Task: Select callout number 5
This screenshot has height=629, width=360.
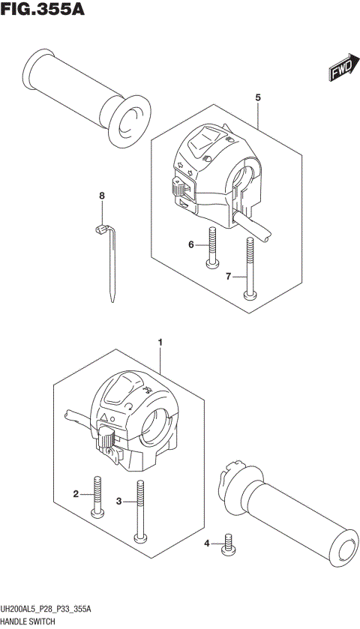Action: pos(258,97)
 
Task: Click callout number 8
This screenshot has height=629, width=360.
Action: pos(103,196)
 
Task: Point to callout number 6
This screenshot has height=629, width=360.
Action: pos(191,244)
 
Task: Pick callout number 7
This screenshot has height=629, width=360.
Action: pos(229,277)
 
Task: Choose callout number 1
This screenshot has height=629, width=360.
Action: pos(160,343)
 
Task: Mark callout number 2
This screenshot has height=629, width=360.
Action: pos(76,493)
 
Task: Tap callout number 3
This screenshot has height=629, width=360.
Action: pos(118,501)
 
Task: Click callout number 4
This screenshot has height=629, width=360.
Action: pos(207,543)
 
